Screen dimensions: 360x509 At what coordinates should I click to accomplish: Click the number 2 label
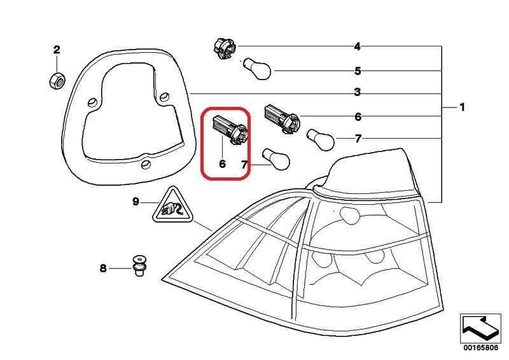pos(57,50)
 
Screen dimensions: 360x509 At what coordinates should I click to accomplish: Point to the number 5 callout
pos(358,71)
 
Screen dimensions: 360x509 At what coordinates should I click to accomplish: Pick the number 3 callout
pos(358,93)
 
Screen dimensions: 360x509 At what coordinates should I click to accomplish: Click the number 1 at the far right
pos(463,107)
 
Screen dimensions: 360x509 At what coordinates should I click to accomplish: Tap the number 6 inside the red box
pos(222,163)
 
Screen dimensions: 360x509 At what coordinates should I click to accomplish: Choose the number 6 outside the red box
pos(358,117)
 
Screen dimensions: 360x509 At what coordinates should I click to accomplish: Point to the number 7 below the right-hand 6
pos(358,139)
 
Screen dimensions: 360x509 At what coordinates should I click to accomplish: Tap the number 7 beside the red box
pos(244,165)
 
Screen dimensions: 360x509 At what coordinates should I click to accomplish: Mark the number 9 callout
pos(136,202)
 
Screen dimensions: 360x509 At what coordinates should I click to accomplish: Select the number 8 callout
pos(103,268)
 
